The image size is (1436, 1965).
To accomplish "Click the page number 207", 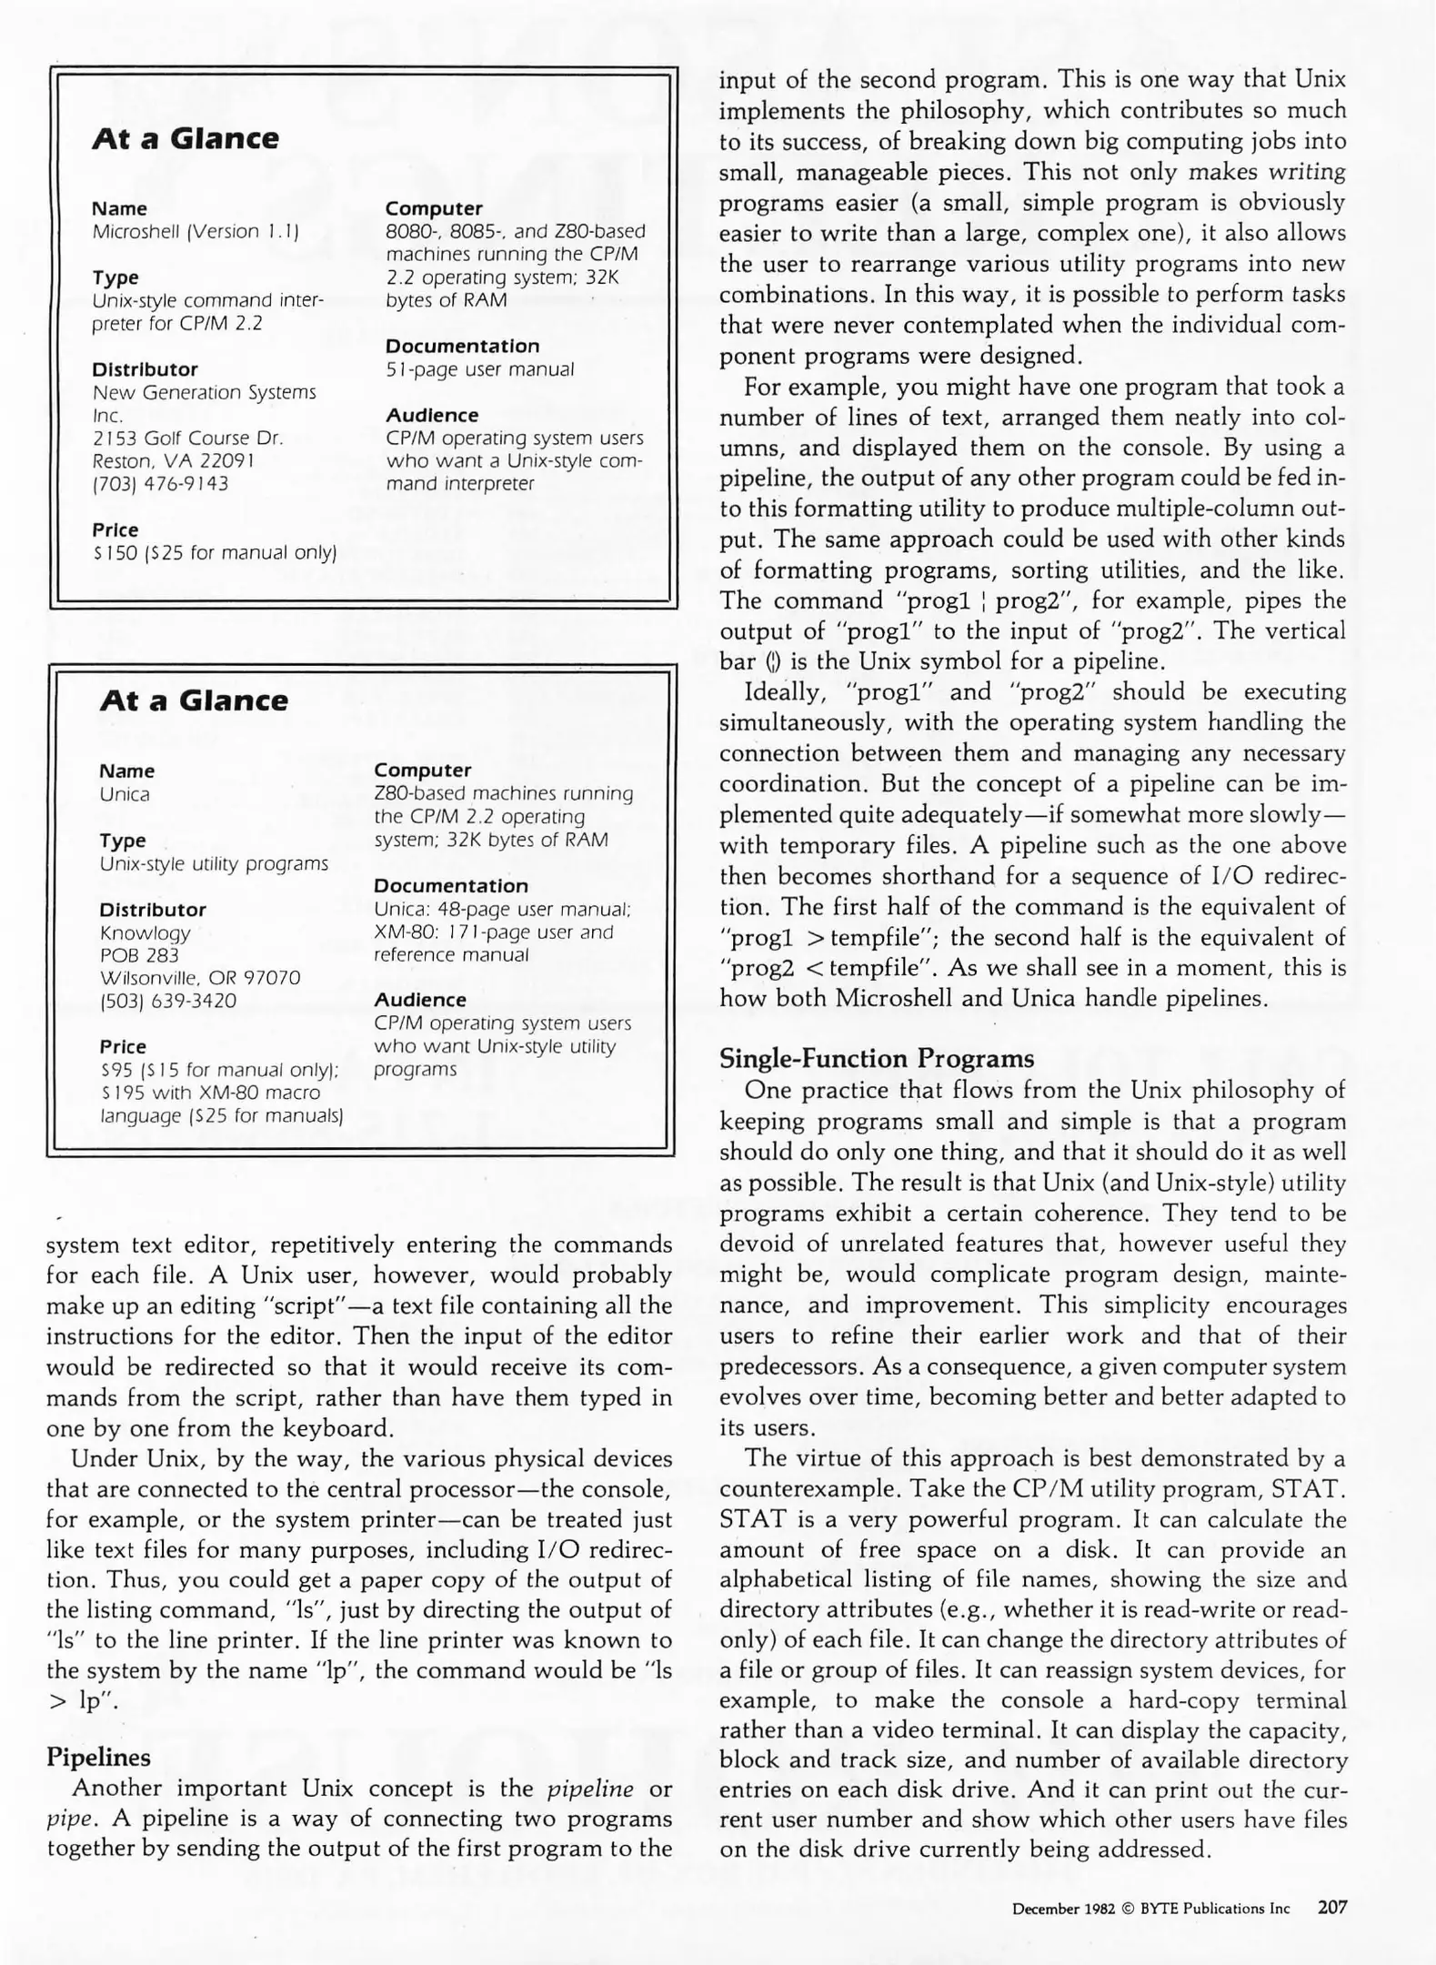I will click(x=1331, y=1907).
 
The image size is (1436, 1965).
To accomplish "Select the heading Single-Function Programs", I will click(x=877, y=1059).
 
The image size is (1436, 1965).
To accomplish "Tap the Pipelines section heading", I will click(x=98, y=1757).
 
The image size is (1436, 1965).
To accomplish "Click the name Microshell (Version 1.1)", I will click(x=196, y=232).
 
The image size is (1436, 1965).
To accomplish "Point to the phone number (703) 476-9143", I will click(x=160, y=484).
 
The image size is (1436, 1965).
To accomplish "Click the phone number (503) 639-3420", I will click(x=167, y=1001).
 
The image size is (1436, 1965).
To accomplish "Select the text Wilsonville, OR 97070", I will click(x=200, y=978).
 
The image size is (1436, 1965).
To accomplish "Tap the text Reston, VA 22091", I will click(x=174, y=461).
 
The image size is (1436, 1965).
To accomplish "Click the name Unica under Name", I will click(x=125, y=794).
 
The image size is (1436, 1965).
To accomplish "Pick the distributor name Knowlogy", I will click(x=146, y=932).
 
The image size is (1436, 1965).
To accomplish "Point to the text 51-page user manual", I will click(x=479, y=369).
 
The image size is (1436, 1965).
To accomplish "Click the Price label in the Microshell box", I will click(x=115, y=529).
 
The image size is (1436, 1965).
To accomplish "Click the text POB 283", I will click(x=139, y=955).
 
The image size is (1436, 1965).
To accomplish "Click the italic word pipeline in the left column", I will click(x=590, y=1789).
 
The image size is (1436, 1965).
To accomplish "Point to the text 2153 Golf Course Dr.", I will click(x=188, y=438).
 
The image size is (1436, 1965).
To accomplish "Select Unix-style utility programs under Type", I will click(x=214, y=863).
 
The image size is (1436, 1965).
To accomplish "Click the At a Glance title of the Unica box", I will click(x=193, y=700).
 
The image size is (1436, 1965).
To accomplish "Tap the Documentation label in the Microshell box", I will click(x=462, y=346).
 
